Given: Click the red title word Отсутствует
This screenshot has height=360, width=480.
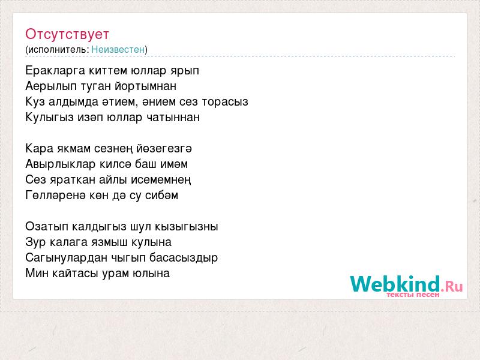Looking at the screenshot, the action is pyautogui.click(x=67, y=34).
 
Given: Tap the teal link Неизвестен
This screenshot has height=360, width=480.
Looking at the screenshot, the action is pyautogui.click(x=118, y=49).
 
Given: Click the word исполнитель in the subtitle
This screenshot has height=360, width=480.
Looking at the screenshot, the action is pyautogui.click(x=58, y=50).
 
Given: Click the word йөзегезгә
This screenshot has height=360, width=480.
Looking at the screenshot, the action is pyautogui.click(x=164, y=149).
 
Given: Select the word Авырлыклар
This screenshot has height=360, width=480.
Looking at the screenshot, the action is pyautogui.click(x=61, y=164).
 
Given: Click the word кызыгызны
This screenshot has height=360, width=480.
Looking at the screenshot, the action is pyautogui.click(x=187, y=227).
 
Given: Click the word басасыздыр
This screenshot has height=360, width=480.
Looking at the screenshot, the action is pyautogui.click(x=184, y=258).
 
